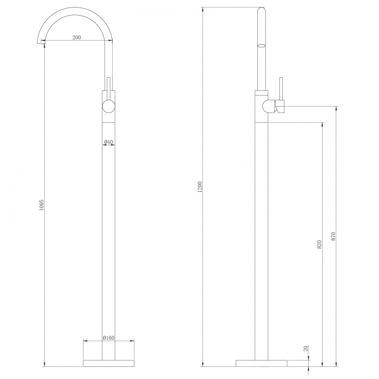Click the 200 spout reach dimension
click(x=77, y=38)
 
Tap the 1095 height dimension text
click(x=42, y=205)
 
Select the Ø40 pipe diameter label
click(x=108, y=142)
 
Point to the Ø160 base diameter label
click(x=108, y=338)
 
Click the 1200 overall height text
click(x=200, y=187)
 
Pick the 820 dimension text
click(x=319, y=244)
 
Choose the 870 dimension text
click(x=333, y=236)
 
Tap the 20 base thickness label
click(x=306, y=349)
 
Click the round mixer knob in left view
click(x=109, y=106)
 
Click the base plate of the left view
click(x=108, y=363)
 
